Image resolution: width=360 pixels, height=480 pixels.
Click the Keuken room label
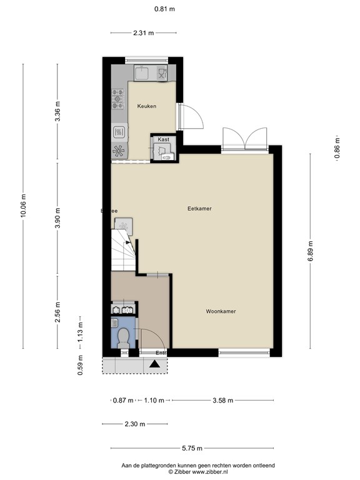coord(147,106)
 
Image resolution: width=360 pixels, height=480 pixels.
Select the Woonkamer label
coord(221,311)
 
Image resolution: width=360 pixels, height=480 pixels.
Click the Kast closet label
coord(163,139)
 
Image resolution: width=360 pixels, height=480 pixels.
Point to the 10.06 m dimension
coord(23,206)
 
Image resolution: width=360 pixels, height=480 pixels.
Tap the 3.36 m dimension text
coord(57,113)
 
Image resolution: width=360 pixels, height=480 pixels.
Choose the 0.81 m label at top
coord(165,9)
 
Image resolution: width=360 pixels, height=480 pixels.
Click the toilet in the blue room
coord(123,337)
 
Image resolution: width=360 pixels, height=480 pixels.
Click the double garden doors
coord(244,137)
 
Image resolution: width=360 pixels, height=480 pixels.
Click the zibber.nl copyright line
coord(197,472)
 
